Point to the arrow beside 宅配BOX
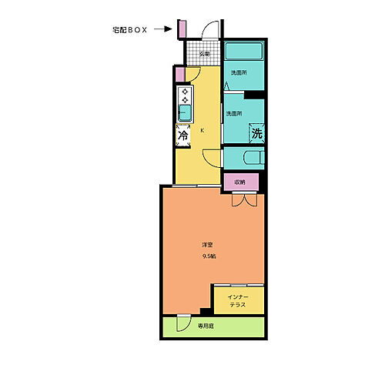coord(162,30)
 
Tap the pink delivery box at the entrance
coord(182,28)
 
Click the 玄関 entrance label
coord(204,54)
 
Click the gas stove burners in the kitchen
coord(186,97)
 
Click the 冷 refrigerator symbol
coord(183,136)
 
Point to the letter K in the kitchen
coord(203,131)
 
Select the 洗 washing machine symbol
coord(257,132)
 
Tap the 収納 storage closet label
coord(240,182)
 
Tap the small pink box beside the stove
coord(179,75)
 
